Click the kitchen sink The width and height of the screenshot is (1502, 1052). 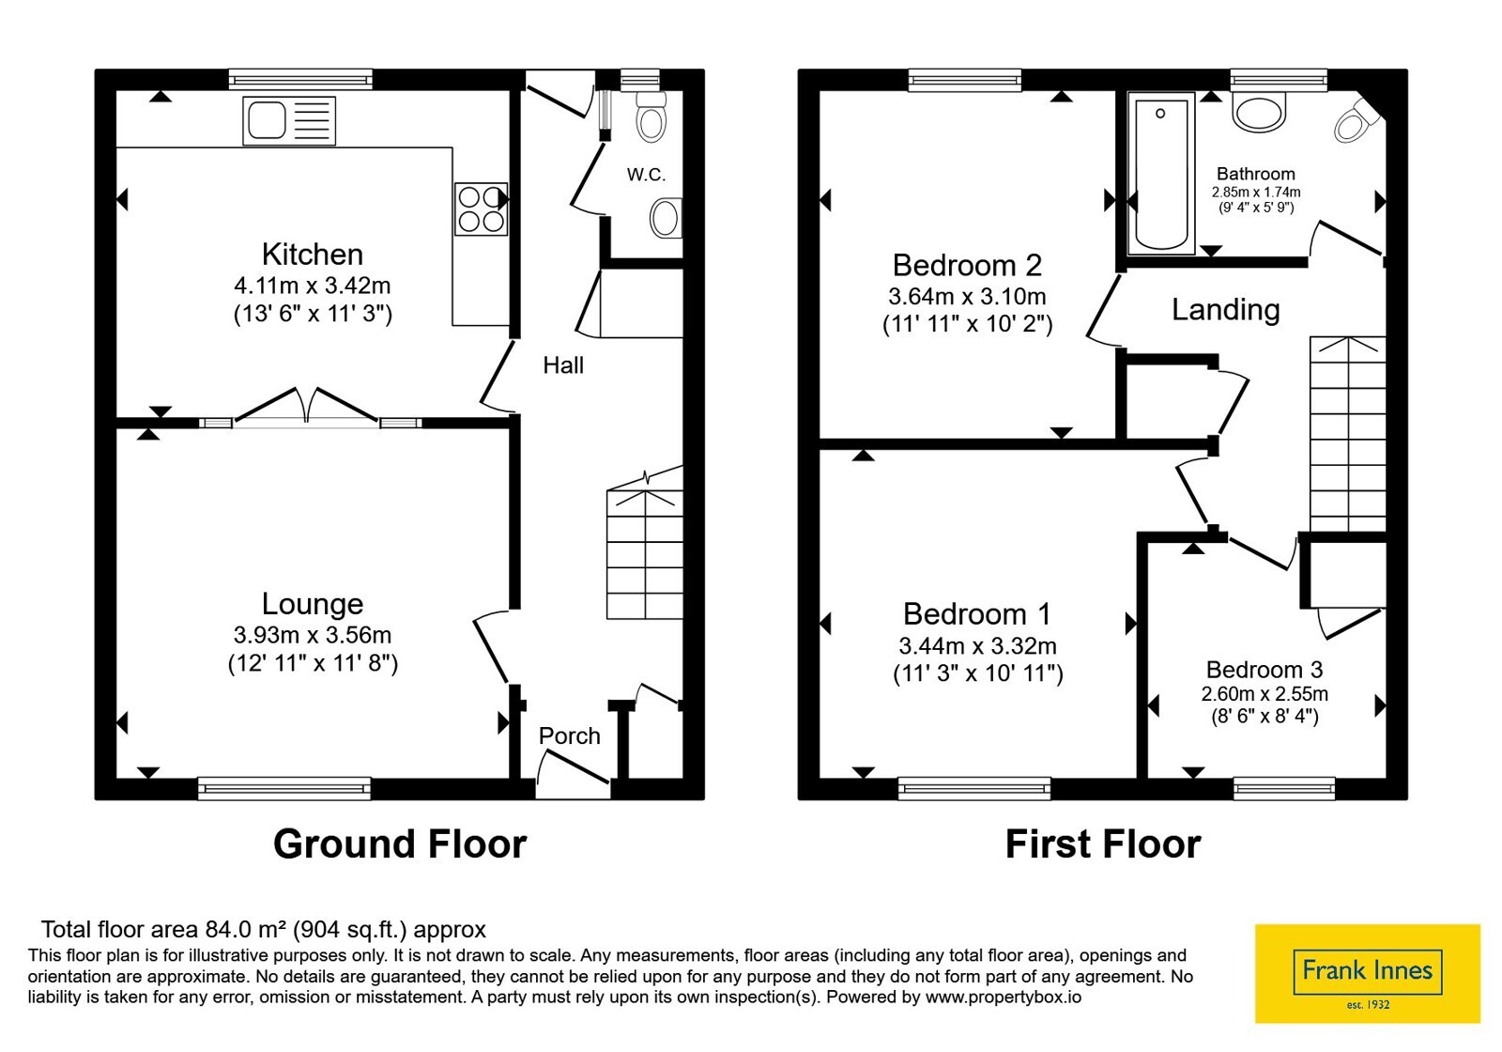click(x=289, y=121)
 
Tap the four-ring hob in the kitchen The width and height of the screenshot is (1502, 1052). click(x=481, y=209)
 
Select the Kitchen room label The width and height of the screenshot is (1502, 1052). click(x=313, y=255)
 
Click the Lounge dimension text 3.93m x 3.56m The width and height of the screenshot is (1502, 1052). click(x=313, y=634)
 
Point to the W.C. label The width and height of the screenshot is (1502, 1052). click(x=647, y=175)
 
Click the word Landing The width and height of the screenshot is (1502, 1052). click(x=1226, y=310)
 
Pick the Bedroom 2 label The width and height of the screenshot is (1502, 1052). click(x=967, y=265)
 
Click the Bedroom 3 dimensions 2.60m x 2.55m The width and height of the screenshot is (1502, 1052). click(x=1264, y=693)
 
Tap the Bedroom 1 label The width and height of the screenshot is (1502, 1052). click(x=977, y=614)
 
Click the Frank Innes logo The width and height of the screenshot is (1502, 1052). click(x=1367, y=973)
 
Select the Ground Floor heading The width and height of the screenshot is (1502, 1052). click(x=400, y=844)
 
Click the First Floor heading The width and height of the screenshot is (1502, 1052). click(x=1103, y=844)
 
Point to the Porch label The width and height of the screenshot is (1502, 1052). click(x=569, y=736)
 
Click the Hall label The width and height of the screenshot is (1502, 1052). click(x=563, y=365)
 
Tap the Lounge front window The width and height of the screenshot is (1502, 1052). click(x=284, y=788)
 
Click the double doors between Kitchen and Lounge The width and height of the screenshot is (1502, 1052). click(x=307, y=406)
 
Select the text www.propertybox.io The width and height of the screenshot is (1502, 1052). click(x=1004, y=997)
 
